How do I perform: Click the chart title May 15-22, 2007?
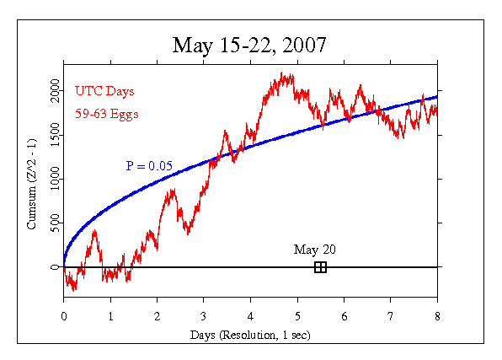(250, 45)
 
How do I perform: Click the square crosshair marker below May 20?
(320, 267)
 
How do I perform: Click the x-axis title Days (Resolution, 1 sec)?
(250, 336)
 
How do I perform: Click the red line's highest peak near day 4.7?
(282, 74)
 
